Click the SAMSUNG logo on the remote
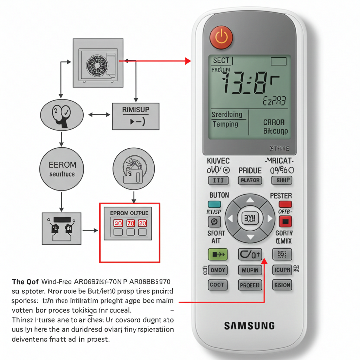249,326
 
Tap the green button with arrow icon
218,254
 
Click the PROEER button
250,285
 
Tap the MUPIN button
250,270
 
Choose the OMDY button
218,270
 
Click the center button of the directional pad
250,218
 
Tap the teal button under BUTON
214,204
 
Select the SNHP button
282,180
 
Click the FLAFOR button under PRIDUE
250,180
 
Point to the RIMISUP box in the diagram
136,116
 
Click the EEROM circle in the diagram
62,169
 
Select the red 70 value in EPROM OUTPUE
130,223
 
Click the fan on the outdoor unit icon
96,64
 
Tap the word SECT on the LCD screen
221,60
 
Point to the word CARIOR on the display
274,123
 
